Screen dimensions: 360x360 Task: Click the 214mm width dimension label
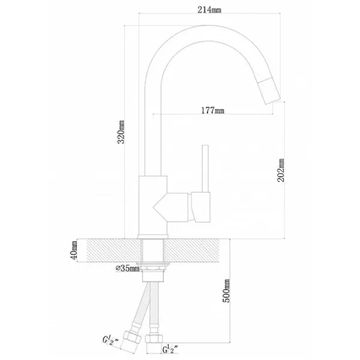tap(209, 10)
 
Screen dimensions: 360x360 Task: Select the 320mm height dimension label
tap(121, 132)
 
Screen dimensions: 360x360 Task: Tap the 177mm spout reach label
tap(212, 110)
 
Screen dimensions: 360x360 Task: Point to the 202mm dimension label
tap(281, 170)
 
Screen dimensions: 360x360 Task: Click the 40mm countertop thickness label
tap(74, 250)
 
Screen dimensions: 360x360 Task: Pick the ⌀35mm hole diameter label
tap(127, 268)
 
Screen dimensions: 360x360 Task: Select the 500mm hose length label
tap(226, 290)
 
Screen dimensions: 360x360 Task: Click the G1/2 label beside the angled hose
tap(110, 340)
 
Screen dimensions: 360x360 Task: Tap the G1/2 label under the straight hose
tap(170, 349)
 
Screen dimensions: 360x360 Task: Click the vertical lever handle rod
tap(205, 168)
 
